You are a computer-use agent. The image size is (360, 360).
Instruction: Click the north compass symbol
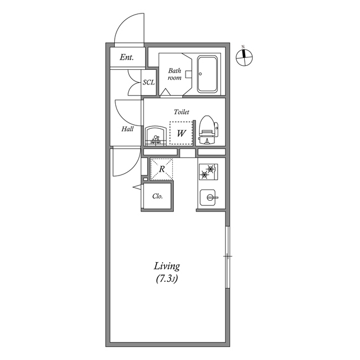pos(244,57)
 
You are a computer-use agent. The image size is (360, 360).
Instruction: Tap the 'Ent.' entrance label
pos(127,57)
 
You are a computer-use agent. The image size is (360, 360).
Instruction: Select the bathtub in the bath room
pos(208,74)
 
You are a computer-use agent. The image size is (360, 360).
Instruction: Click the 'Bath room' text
pos(174,74)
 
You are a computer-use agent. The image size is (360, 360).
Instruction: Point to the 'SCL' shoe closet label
pos(148,82)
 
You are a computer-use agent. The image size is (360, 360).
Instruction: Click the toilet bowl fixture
pos(208,130)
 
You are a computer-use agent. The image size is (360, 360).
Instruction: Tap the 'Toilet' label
pos(181,112)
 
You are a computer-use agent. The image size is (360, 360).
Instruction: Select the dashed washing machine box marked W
pos(181,133)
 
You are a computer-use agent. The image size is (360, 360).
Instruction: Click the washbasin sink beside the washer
pos(156,136)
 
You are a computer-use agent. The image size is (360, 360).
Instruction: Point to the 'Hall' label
pos(128,129)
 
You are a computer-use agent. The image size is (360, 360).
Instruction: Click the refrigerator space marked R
pos(161,169)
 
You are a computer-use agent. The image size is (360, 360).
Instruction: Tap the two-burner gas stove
pos(208,172)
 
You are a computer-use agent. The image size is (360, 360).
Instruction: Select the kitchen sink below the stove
pos(208,197)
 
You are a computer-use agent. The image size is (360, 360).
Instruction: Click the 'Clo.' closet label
pos(157,196)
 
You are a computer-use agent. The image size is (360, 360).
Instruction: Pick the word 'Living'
pos(166,266)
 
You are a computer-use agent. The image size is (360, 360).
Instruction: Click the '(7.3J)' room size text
pos(167,279)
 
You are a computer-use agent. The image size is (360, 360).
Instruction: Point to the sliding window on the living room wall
pos(228,256)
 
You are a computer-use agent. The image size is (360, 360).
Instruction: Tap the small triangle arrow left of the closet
pos(138,187)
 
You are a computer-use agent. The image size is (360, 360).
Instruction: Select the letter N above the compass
pos(243,47)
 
